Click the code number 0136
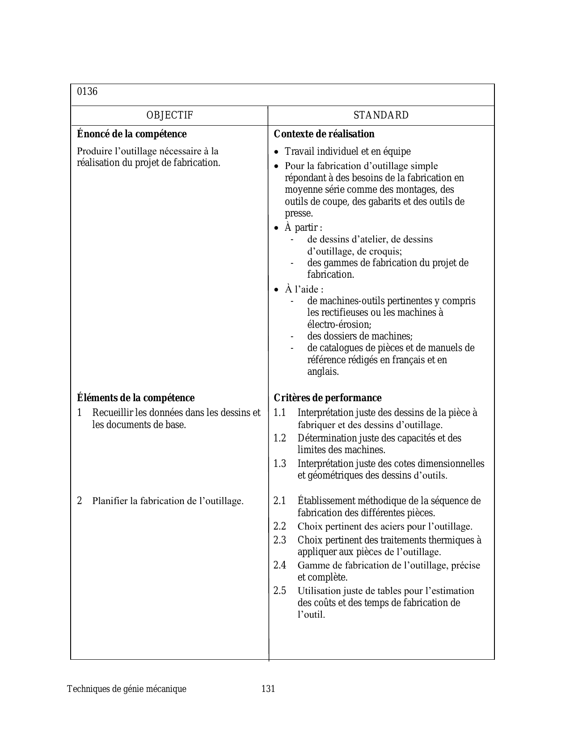87,92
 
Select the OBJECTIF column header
170,115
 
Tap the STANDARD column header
381,115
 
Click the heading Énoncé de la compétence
132,134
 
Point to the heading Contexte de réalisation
324,134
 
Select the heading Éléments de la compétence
136,398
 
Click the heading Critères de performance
328,398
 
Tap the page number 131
268,689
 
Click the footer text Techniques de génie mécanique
127,689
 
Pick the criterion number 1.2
280,438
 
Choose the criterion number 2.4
280,565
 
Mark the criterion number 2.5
280,590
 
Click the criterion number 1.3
280,463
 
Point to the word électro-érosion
339,324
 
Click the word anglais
323,372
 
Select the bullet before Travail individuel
276,152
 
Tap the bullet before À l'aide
276,290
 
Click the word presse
299,213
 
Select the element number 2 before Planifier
80,501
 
